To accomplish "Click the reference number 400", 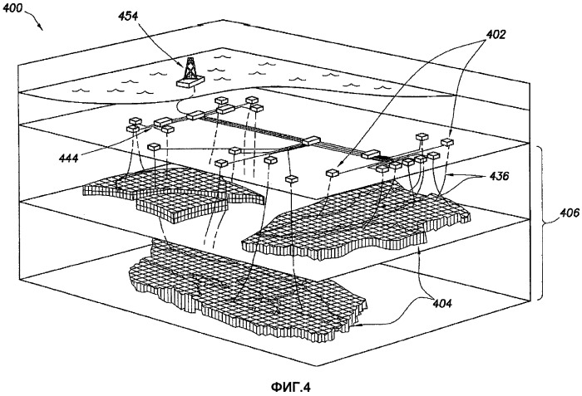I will [x=19, y=10].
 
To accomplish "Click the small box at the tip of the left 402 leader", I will [x=333, y=173].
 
